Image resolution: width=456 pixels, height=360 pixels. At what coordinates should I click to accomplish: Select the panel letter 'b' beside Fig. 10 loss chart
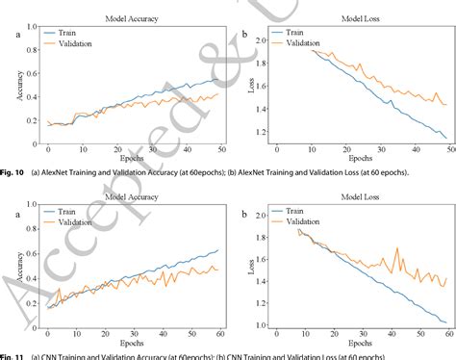coord(244,36)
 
